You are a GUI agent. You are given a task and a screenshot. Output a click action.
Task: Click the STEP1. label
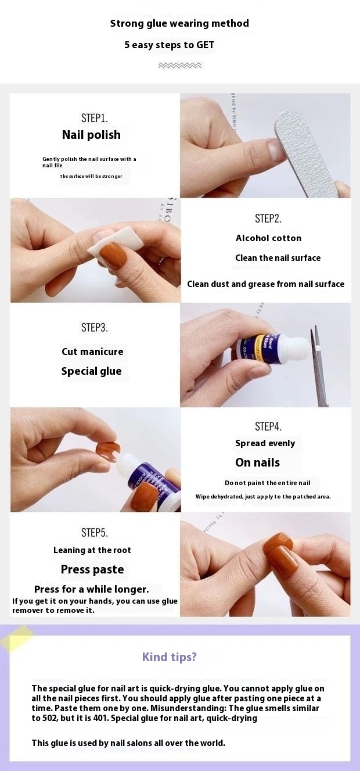click(x=95, y=118)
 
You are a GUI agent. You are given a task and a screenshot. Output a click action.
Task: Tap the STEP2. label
click(x=268, y=218)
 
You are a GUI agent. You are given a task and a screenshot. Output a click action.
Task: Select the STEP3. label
click(x=95, y=327)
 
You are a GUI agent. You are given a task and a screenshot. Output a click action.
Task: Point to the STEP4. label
click(x=268, y=426)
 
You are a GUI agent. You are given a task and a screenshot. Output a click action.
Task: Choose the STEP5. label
click(x=95, y=532)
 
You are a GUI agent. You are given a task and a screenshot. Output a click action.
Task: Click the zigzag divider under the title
click(x=180, y=66)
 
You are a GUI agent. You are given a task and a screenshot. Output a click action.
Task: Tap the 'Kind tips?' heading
click(x=170, y=657)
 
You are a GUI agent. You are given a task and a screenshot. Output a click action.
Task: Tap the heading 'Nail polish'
click(x=92, y=135)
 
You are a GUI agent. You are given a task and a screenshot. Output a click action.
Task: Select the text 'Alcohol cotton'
click(x=268, y=238)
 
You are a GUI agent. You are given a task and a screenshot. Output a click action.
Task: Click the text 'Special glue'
click(x=92, y=371)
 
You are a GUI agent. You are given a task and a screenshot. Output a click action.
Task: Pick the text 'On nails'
click(x=258, y=462)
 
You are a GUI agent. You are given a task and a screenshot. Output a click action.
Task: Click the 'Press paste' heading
click(x=92, y=569)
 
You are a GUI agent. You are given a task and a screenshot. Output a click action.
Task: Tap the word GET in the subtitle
click(x=206, y=45)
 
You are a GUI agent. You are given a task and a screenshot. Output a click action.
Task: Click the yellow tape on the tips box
click(x=16, y=637)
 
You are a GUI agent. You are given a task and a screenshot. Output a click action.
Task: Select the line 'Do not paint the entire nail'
click(x=268, y=483)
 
